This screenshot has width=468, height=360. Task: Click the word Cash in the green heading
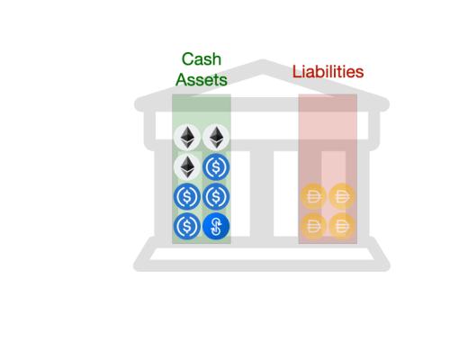click(x=202, y=59)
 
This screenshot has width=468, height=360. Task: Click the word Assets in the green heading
click(x=202, y=79)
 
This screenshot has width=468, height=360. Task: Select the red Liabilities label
click(x=328, y=71)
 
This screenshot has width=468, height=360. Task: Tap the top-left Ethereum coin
click(x=187, y=138)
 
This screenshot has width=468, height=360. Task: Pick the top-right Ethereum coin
click(x=216, y=138)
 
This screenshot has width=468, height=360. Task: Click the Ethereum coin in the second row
click(x=187, y=166)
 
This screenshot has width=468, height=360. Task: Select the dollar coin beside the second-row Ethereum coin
click(x=216, y=166)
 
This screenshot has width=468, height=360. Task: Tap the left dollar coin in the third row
click(x=187, y=196)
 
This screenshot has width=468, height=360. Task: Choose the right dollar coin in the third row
click(x=216, y=196)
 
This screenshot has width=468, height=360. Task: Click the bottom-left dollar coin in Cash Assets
click(x=187, y=226)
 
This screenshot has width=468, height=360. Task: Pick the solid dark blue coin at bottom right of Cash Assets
click(x=216, y=226)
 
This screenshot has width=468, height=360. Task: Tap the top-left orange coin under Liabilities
click(x=313, y=196)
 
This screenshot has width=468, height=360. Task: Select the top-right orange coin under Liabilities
click(x=342, y=196)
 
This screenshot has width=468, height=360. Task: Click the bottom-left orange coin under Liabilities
click(x=313, y=226)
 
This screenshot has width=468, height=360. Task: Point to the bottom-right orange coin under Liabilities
click(x=342, y=226)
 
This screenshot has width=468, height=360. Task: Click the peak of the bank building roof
click(x=262, y=65)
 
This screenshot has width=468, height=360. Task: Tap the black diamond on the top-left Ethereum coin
click(x=187, y=138)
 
